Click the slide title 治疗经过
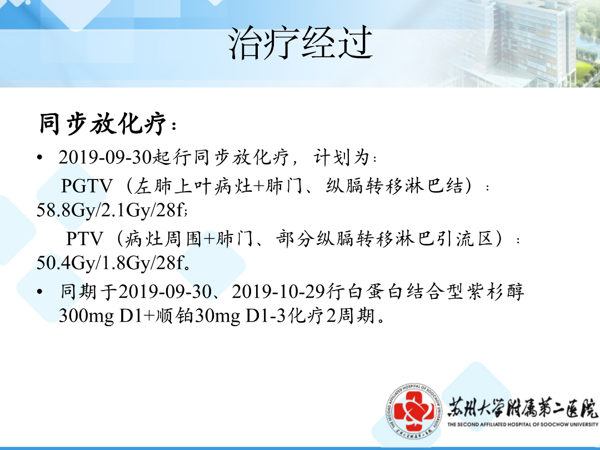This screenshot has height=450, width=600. [x=301, y=42]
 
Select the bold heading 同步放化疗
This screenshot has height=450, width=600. [x=103, y=123]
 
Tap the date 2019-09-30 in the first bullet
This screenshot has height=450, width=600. [x=105, y=157]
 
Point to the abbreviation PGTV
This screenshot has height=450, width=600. [x=87, y=186]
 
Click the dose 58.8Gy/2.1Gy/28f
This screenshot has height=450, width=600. [x=111, y=210]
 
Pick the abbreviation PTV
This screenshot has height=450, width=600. [x=84, y=239]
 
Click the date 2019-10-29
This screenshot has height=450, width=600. [x=278, y=292]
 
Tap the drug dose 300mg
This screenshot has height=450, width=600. [x=87, y=316]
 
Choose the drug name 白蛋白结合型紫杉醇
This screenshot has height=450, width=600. [x=435, y=292]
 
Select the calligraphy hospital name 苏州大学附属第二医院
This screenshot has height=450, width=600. [x=522, y=408]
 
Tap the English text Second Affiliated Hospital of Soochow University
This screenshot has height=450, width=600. [x=523, y=424]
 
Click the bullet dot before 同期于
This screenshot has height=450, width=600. [x=40, y=292]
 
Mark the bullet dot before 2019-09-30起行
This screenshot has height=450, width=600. [x=40, y=157]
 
